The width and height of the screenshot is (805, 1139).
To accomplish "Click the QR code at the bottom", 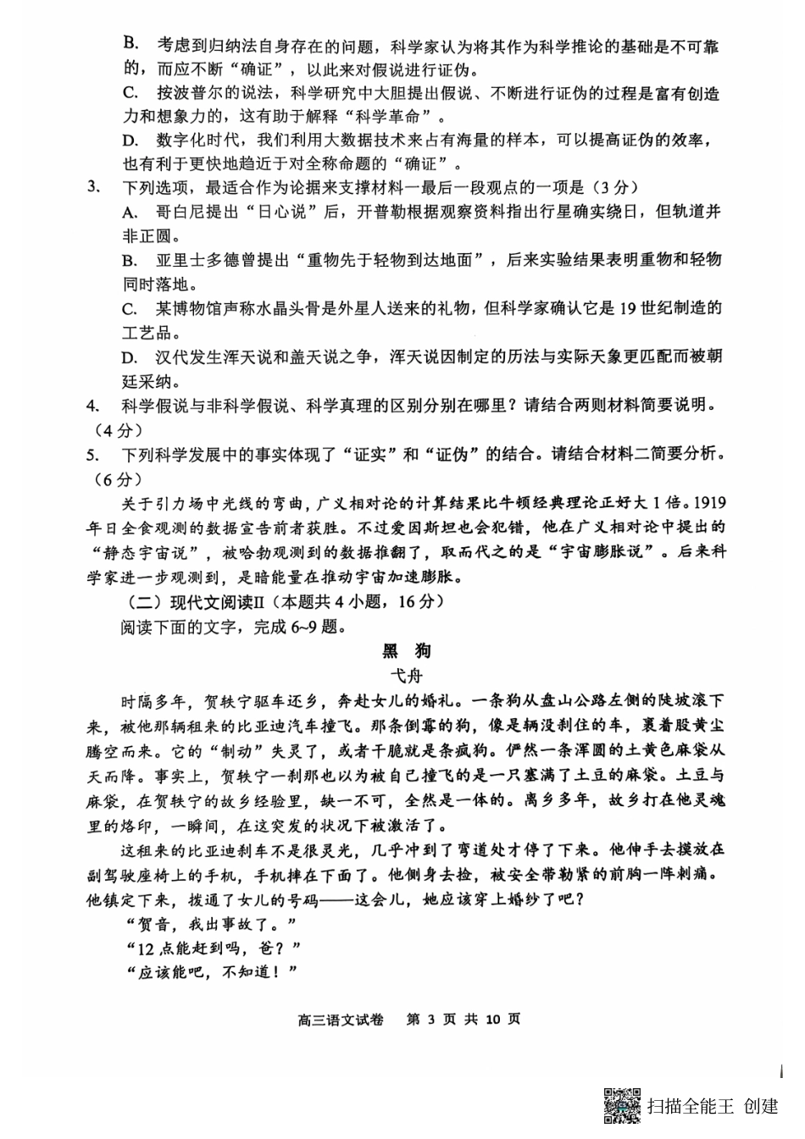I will [x=622, y=1105].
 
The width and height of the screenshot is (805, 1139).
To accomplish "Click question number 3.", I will [x=95, y=187].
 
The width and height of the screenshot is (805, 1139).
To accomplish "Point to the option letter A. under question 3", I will [x=130, y=212].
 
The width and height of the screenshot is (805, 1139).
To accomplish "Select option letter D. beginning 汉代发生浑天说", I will [x=130, y=357].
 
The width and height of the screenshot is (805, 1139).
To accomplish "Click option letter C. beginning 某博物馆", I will [x=130, y=308].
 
